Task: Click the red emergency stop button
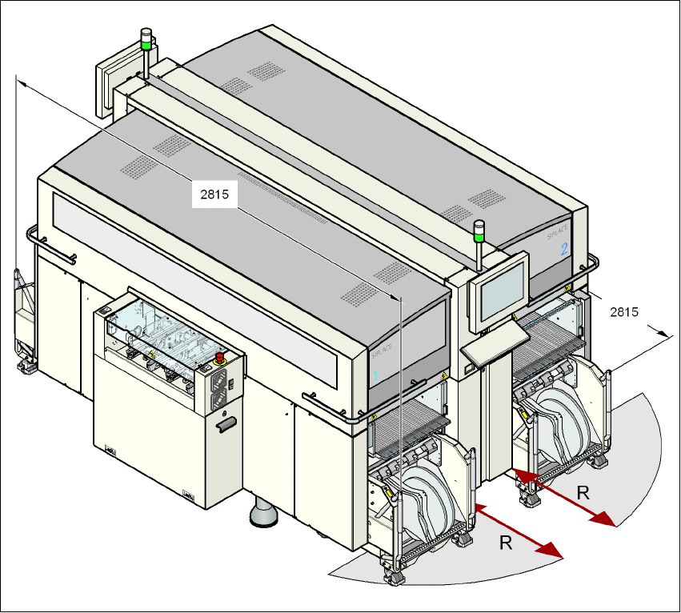point(220,357)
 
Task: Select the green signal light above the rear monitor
point(146,45)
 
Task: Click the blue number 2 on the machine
point(564,248)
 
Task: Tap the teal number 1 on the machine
point(376,374)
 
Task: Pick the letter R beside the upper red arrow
point(583,493)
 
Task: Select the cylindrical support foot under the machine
point(263,512)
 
